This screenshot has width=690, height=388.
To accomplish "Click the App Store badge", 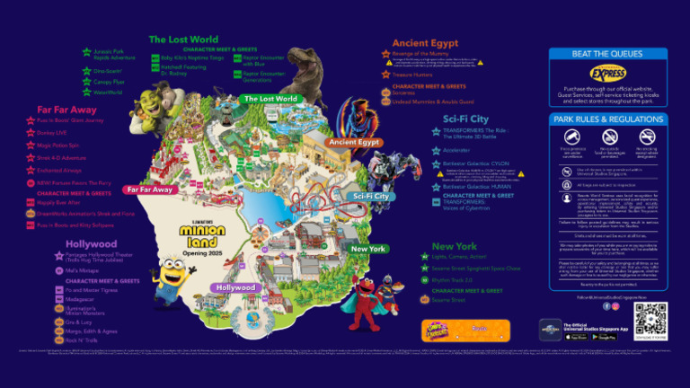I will pos(578,337).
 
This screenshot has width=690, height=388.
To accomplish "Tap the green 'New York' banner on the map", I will pos(368,249).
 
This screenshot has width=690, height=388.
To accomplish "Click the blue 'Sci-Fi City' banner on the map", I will pos(370,196).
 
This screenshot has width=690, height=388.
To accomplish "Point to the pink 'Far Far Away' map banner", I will pos(149,190).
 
